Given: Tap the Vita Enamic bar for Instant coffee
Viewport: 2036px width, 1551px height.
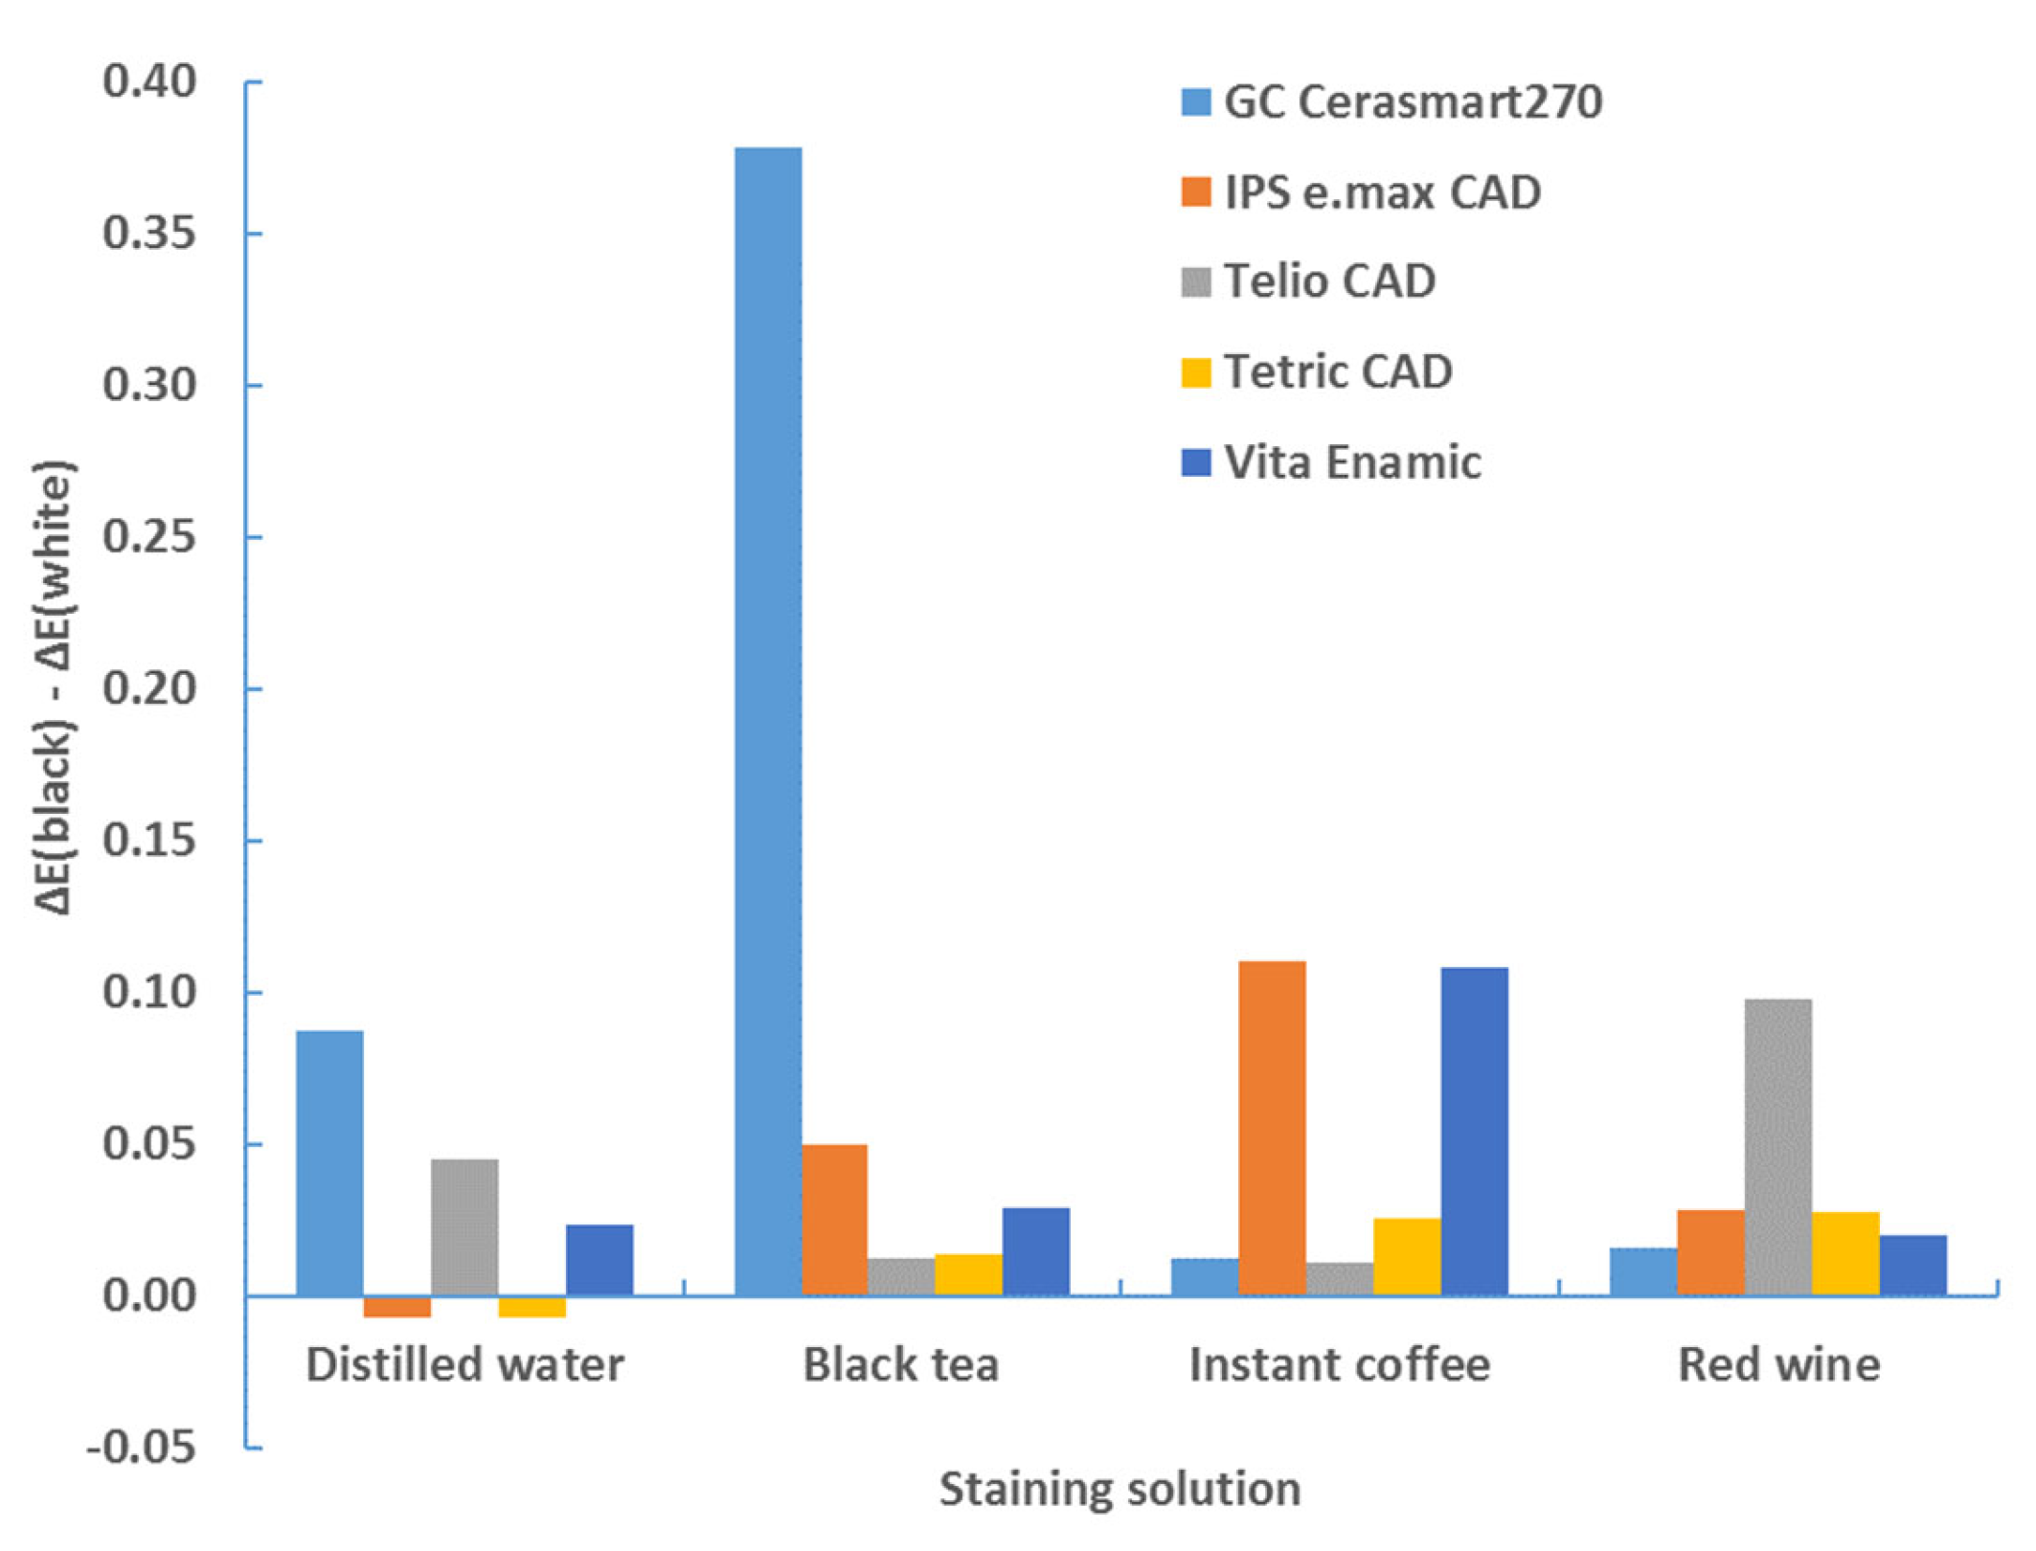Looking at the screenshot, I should point(1474,1131).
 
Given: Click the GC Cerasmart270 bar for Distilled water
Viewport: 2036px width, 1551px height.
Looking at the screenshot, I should point(329,1162).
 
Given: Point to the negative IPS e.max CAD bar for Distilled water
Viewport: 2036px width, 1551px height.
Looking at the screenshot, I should point(397,1306).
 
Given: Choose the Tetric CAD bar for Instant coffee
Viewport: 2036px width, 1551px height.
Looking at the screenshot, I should point(1406,1256).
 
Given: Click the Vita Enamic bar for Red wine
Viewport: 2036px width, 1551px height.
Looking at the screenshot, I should point(1912,1265).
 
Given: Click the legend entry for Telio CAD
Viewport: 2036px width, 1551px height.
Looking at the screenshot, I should point(1329,281).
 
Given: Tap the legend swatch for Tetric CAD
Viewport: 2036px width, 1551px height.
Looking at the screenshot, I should point(1196,372).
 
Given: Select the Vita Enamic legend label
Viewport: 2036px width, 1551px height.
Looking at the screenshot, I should point(1352,462).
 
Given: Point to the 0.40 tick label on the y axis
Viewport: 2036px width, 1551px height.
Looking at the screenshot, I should point(149,82).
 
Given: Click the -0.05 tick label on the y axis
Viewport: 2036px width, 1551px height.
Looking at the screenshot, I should point(142,1447).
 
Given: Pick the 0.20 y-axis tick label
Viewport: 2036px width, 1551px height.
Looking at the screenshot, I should point(149,688).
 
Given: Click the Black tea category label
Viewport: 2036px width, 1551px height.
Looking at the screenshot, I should point(900,1364).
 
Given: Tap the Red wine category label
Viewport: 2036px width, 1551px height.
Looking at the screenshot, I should point(1778,1364).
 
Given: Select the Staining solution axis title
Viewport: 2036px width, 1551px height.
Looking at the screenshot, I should point(1120,1490).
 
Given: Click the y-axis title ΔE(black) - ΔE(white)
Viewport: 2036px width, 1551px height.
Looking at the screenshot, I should point(54,689).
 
